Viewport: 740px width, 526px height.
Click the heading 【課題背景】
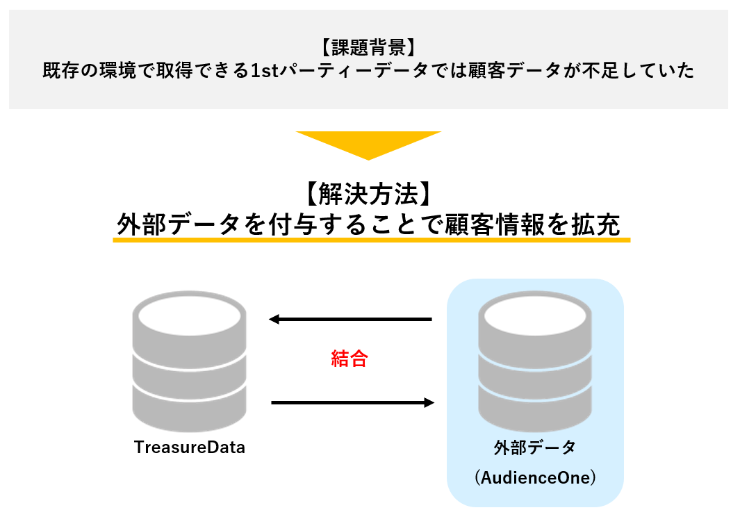click(368, 48)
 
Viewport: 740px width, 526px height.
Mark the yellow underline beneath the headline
click(371, 240)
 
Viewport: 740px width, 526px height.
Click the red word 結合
click(349, 359)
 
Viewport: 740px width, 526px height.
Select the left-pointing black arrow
click(350, 320)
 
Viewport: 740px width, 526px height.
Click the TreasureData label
click(190, 447)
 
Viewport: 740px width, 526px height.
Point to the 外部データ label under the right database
click(535, 447)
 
